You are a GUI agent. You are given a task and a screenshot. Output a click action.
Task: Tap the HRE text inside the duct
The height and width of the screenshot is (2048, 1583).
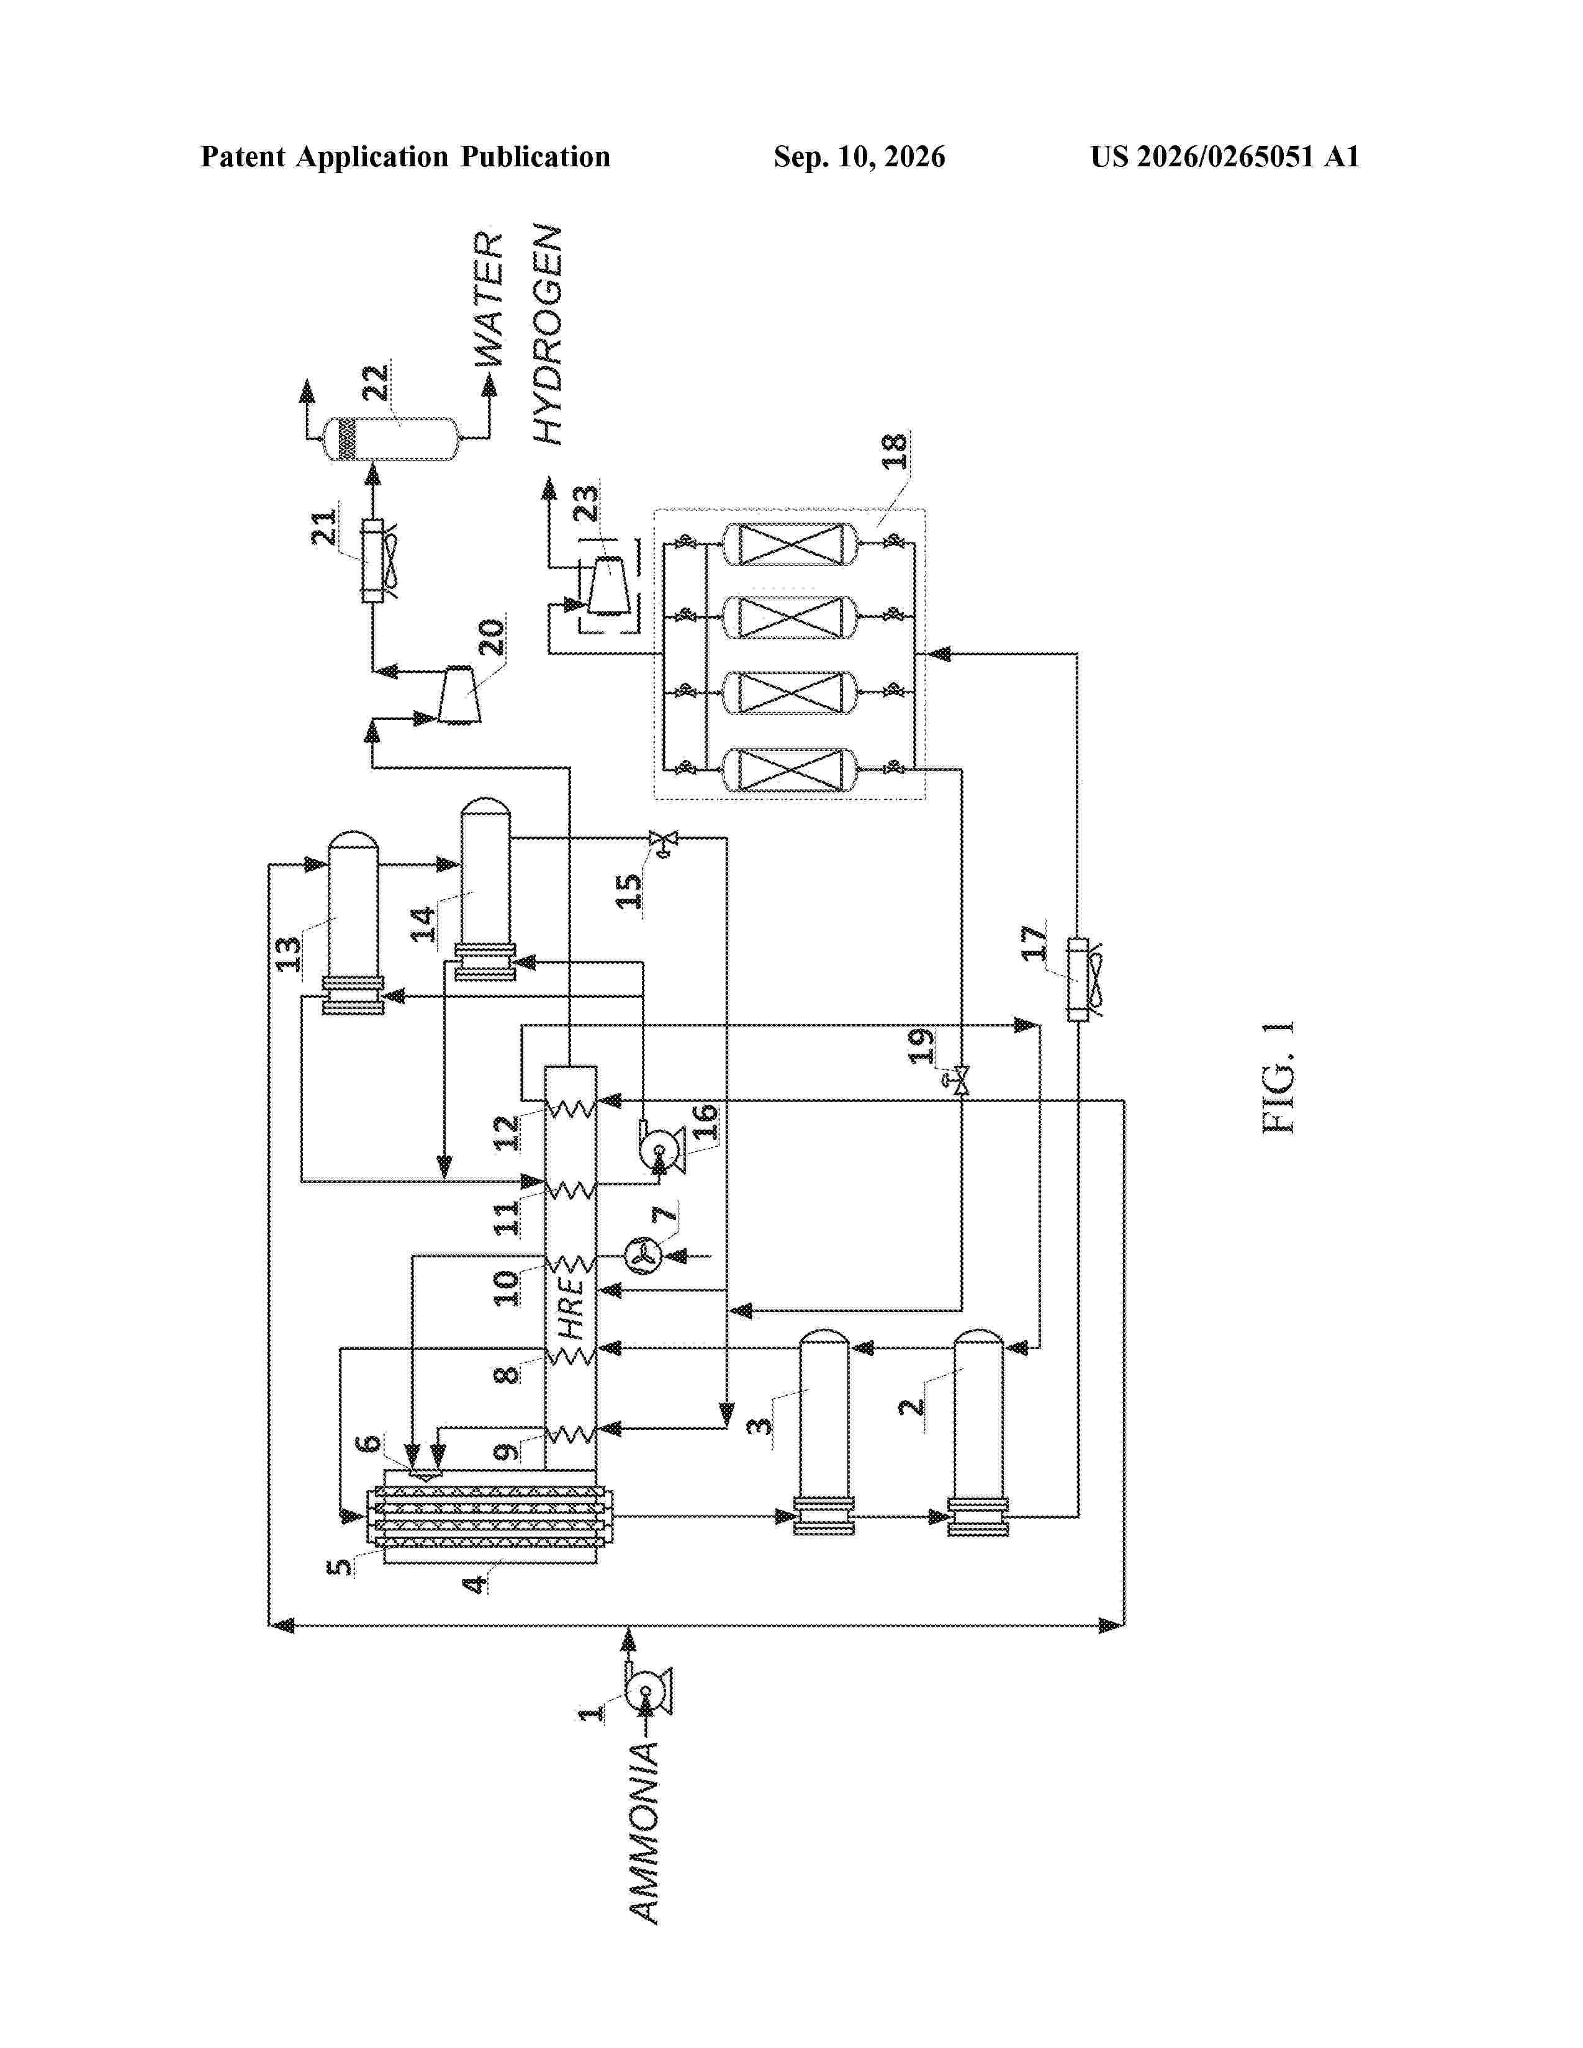coord(570,1308)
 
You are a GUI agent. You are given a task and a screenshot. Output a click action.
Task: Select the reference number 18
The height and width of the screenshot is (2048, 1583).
coord(894,452)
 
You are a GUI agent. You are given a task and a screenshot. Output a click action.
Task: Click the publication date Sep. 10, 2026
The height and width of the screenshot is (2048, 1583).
coord(859,156)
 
